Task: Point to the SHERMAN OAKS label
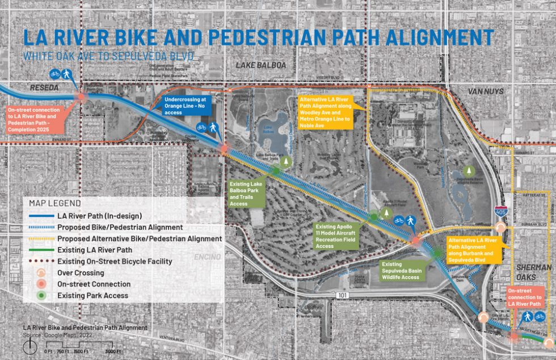(532, 273)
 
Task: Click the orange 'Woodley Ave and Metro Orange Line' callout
(326, 112)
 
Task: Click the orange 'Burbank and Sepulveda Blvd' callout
(474, 249)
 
